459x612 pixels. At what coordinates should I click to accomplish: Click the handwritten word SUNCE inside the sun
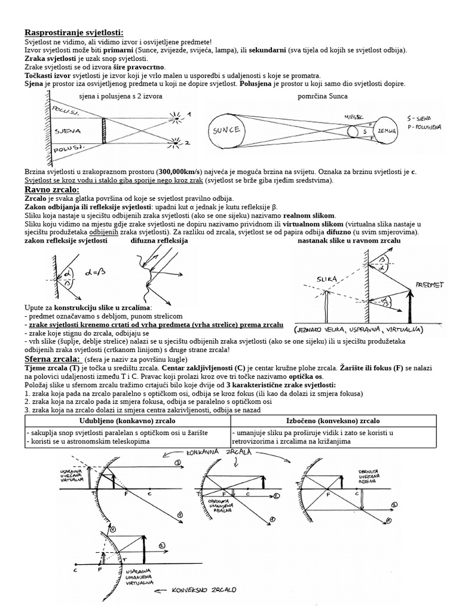[x=226, y=130]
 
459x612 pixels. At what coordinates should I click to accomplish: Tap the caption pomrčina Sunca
[x=322, y=96]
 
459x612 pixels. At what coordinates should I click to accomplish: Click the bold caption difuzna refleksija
[x=159, y=240]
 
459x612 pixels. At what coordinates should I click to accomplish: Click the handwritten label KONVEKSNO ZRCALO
[x=204, y=589]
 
